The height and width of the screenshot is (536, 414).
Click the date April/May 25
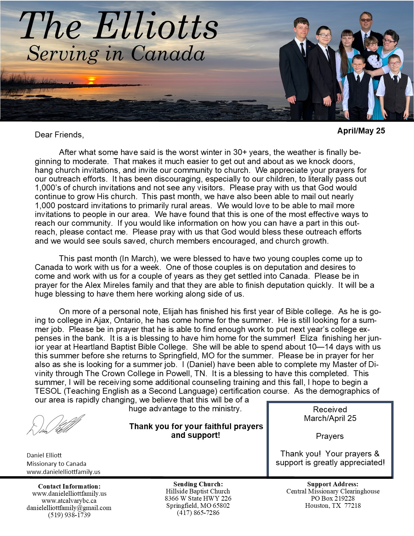click(x=361, y=131)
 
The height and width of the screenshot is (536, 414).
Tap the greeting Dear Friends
click(x=59, y=135)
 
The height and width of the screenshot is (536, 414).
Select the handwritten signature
click(x=56, y=425)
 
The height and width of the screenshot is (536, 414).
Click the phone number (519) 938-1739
click(x=69, y=515)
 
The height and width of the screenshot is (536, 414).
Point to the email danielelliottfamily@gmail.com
click(x=69, y=508)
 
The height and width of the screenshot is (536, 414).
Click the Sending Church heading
click(x=198, y=484)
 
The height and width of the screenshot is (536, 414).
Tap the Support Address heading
click(x=333, y=484)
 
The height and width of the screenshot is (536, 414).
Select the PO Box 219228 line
click(x=333, y=498)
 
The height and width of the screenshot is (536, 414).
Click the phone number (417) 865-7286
click(x=198, y=513)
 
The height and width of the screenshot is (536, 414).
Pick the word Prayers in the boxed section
click(x=330, y=436)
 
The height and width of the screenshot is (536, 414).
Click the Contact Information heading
click(x=69, y=486)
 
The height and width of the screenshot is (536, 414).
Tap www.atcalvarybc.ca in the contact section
click(x=69, y=501)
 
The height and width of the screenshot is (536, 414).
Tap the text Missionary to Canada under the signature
click(x=56, y=464)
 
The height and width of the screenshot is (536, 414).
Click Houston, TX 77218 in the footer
click(x=333, y=505)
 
